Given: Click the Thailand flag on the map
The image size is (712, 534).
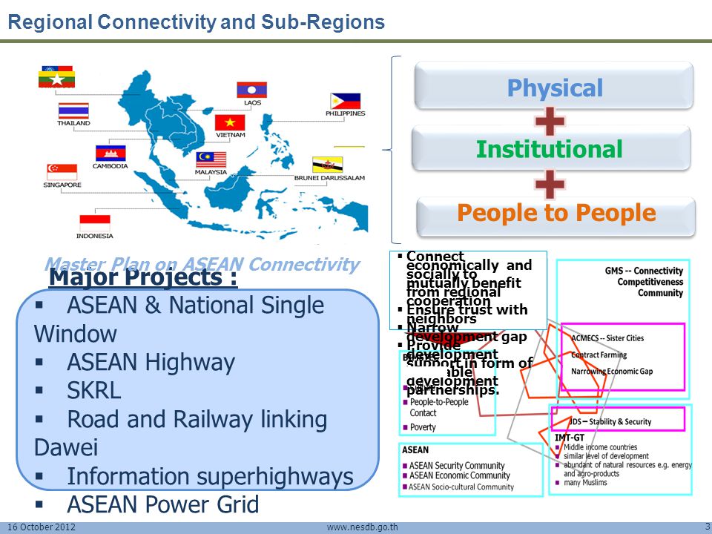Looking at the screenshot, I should click(x=73, y=111).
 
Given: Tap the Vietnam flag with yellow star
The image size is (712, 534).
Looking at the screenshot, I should click(x=230, y=122).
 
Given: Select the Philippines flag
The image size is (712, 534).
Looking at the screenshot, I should click(x=346, y=101).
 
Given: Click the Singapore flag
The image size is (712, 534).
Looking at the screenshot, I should click(x=62, y=172).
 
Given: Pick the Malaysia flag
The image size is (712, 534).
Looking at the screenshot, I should click(x=211, y=159).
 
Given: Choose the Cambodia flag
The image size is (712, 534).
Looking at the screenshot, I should click(x=110, y=153).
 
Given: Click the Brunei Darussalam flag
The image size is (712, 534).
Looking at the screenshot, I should click(x=348, y=165).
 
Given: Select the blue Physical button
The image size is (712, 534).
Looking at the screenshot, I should click(x=554, y=88).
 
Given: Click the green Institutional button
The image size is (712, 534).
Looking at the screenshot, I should click(x=550, y=149).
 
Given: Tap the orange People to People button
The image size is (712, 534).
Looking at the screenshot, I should click(x=556, y=214).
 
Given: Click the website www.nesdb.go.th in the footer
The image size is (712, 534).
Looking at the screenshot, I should click(x=363, y=528).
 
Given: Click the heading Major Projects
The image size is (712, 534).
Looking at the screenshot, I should click(x=143, y=278).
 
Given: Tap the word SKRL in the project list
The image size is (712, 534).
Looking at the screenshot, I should click(x=94, y=391).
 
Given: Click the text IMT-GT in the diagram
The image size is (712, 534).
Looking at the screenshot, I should click(x=570, y=438).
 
